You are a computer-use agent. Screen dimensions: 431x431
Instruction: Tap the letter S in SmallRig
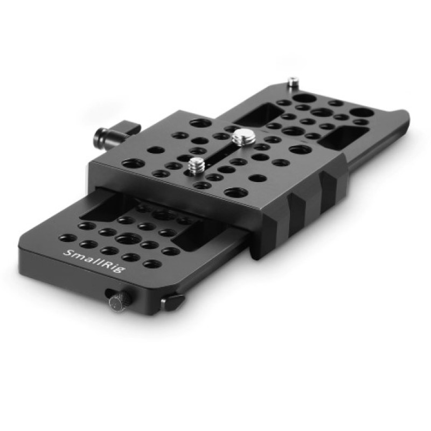pos(67,253)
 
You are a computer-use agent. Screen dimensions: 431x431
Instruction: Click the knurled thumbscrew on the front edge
pos(117,301)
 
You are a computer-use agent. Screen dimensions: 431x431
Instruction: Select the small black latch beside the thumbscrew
pos(172,301)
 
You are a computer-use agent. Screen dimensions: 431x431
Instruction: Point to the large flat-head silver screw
pos(240,137)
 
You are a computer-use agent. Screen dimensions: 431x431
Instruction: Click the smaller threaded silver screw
pos(194,166)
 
